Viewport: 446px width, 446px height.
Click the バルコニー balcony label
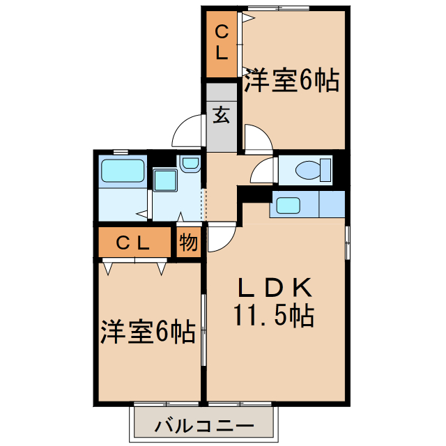[204, 423]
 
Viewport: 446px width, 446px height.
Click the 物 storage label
[187, 243]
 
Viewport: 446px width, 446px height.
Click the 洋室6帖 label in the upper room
[291, 82]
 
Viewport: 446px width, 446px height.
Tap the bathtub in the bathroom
[122, 171]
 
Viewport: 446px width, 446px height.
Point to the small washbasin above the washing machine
[189, 164]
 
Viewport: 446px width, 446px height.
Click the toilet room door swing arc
[264, 170]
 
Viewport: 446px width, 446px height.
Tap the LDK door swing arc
[220, 238]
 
